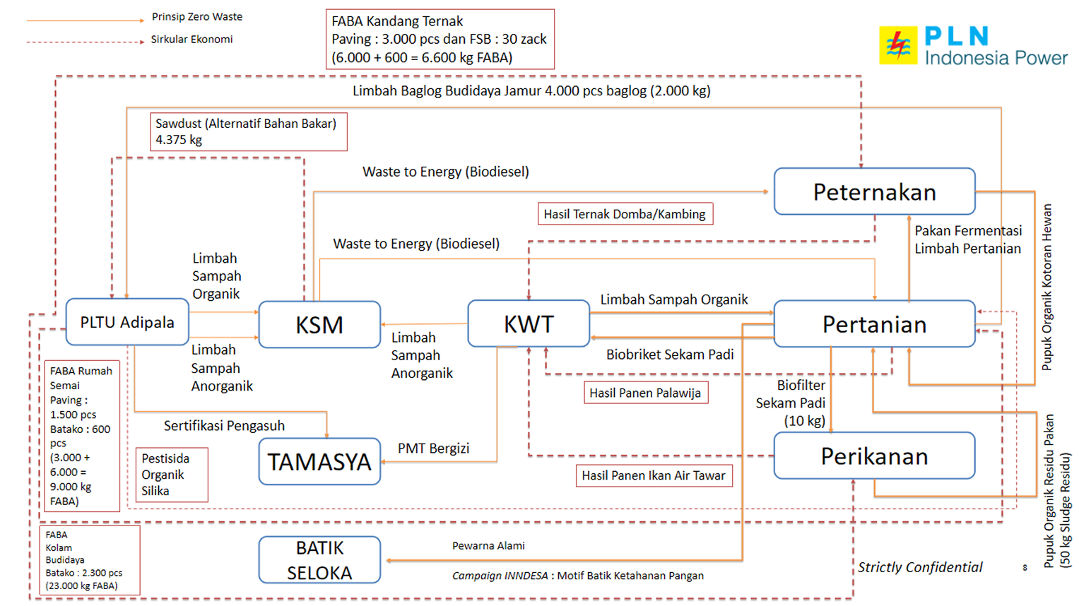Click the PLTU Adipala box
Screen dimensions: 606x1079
coord(127,322)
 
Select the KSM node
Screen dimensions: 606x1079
coord(319,325)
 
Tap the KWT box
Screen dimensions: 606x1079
coord(529,323)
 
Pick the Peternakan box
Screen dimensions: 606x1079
coord(874,191)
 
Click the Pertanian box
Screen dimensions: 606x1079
coord(874,324)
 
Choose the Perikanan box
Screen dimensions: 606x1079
coord(874,456)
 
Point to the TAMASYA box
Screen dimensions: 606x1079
coord(319,462)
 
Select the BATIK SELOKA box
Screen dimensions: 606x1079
coord(319,560)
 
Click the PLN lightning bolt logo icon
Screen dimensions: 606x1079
coord(898,45)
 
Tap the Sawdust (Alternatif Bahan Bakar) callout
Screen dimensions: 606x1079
coord(248,131)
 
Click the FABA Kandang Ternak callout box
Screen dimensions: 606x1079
coord(440,40)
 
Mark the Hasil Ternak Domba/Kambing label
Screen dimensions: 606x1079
coord(625,214)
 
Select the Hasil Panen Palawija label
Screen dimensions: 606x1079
coord(645,393)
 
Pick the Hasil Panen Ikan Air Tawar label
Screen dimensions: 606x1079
coord(654,475)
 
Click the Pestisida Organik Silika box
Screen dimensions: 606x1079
coord(172,475)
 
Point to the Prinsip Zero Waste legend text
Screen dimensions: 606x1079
coord(197,17)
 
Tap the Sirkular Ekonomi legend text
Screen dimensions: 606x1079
coord(191,40)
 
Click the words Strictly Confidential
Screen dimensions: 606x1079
coord(920,567)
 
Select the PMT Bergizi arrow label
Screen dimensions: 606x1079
coord(433,448)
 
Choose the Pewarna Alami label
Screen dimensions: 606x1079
coord(488,546)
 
